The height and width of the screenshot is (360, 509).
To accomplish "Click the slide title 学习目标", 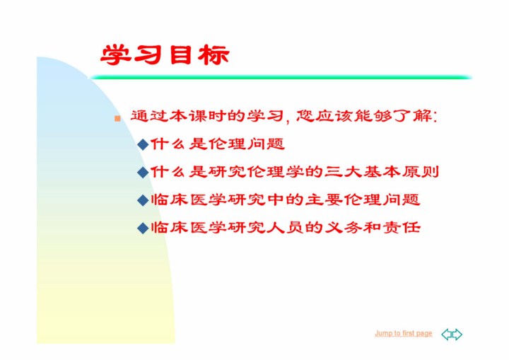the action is (x=165, y=55).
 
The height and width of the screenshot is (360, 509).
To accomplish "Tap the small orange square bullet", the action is (x=117, y=118).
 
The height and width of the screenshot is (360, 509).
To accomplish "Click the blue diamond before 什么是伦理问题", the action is (x=143, y=144).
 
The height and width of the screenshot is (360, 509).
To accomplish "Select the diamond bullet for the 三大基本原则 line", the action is (x=143, y=172).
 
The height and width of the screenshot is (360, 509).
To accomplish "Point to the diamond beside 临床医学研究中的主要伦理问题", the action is (x=143, y=200).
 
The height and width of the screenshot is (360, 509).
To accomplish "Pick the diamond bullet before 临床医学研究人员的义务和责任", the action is (x=143, y=228).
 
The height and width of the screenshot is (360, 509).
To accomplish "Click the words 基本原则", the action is (x=401, y=172).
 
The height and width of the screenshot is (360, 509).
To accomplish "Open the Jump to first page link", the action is (x=404, y=333).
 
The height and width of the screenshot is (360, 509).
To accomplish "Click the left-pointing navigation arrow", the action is (x=447, y=335).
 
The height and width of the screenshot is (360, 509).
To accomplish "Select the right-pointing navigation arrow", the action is (x=457, y=335).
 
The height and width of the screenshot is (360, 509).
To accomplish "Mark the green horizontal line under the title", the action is (x=281, y=77).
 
